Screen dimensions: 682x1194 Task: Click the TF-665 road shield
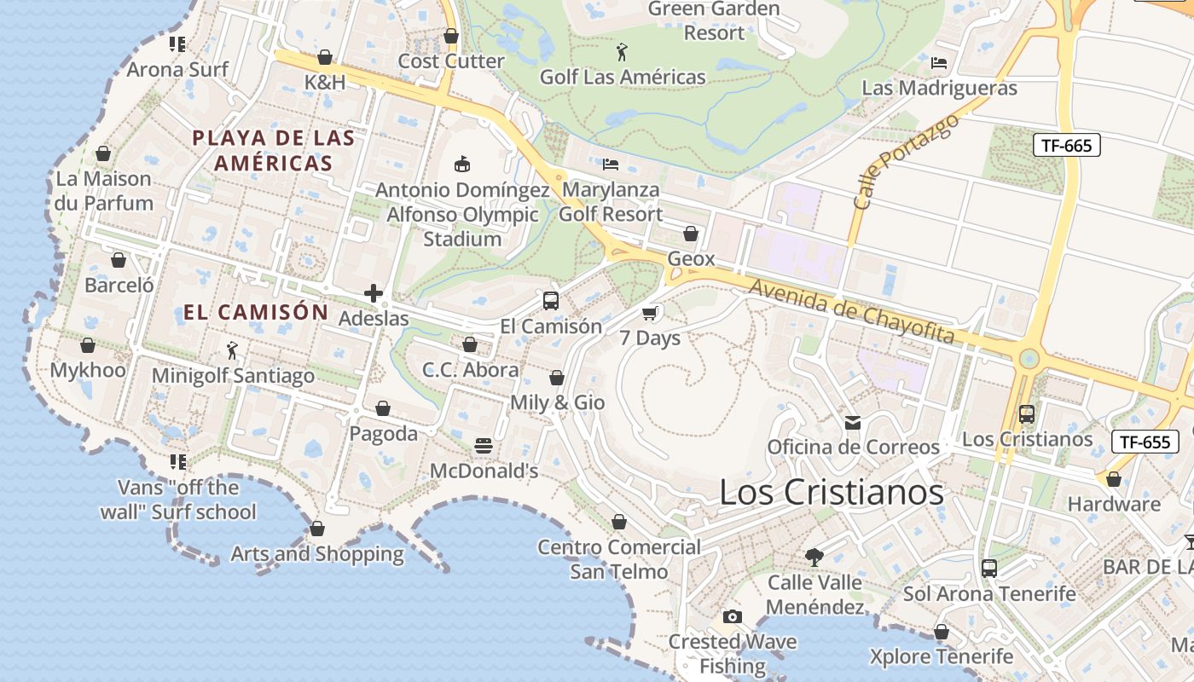point(1066,145)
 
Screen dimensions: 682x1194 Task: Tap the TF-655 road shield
point(1145,442)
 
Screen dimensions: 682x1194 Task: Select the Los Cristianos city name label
point(832,493)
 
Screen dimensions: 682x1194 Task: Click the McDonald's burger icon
point(484,446)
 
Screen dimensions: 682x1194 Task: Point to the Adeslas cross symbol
point(373,294)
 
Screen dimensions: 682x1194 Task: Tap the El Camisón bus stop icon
point(551,301)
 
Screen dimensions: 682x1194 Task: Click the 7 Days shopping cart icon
point(650,313)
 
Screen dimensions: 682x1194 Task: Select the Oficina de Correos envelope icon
point(852,422)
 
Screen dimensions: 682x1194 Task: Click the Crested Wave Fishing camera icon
point(732,616)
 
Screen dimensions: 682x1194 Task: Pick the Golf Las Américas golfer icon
point(623,52)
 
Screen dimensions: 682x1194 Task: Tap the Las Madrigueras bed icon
point(939,63)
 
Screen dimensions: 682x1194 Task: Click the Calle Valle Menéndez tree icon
point(814,558)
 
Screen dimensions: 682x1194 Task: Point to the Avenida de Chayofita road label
point(850,311)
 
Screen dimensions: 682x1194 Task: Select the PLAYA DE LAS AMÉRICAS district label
point(273,150)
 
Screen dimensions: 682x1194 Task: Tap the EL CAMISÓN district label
point(256,312)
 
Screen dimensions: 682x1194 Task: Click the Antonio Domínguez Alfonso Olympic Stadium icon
point(462,164)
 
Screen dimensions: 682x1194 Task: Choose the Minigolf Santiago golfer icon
point(232,350)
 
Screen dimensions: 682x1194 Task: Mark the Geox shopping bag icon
point(691,234)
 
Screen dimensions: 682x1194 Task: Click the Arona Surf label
point(177,69)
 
